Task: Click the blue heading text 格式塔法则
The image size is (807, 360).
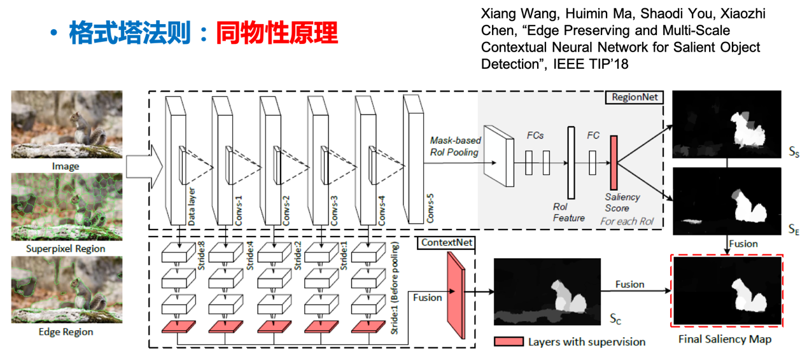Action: point(130,33)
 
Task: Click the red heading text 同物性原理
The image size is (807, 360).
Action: point(277,33)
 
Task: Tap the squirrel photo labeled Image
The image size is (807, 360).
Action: point(66,124)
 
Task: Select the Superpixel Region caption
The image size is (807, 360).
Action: point(66,249)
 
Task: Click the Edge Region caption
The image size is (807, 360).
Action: point(66,331)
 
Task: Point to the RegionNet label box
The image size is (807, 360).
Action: point(634,97)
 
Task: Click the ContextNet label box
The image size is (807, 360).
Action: point(446,243)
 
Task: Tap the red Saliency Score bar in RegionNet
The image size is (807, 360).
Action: point(614,163)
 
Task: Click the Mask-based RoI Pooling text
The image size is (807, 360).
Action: point(456,146)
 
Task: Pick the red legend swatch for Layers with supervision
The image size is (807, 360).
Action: point(509,342)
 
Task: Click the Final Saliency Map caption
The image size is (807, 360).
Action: point(725,339)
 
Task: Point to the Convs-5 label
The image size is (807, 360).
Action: point(430,206)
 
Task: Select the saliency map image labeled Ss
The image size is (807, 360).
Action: point(726,124)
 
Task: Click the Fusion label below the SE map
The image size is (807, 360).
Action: point(743,244)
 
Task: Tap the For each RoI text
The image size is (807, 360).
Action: point(628,221)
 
